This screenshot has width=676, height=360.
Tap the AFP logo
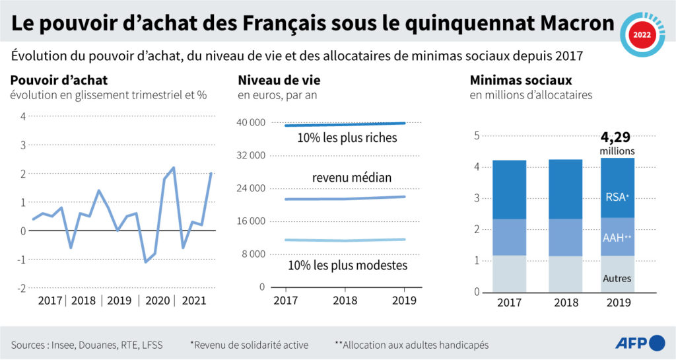pos(639,343)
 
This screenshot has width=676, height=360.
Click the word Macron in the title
pos(568,24)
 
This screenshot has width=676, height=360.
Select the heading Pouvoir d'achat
pos(59,81)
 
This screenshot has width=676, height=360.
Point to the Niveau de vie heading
pos(279,81)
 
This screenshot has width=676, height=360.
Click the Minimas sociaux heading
pos(521,81)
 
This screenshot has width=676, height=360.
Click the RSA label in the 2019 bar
pos(617,196)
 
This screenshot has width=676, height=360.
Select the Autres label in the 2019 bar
pos(617,278)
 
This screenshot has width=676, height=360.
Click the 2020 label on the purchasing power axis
pos(156,301)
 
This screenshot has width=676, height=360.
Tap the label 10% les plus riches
pos(347,138)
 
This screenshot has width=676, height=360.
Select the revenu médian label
pos(351,178)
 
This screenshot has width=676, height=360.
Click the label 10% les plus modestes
pos(347,266)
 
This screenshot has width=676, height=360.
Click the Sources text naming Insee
pos(86,344)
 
